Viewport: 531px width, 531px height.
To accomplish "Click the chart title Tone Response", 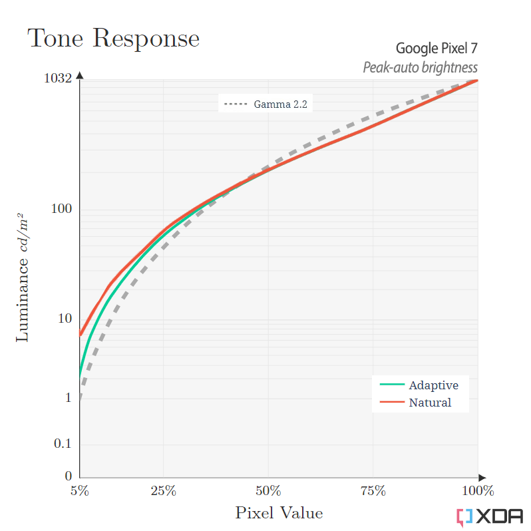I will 113,38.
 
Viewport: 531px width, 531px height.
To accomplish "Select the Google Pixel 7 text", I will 437,49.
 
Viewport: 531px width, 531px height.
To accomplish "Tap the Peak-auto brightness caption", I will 420,67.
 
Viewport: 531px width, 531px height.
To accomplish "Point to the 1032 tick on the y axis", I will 57,79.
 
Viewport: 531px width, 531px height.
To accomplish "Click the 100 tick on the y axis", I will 61,209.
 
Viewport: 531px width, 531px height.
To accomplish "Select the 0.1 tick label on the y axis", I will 63,444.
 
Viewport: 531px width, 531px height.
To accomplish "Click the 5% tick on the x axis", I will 79,492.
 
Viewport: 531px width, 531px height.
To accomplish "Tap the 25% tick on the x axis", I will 163,492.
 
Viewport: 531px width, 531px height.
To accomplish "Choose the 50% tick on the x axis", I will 267,492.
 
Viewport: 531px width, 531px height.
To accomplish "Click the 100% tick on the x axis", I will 476,492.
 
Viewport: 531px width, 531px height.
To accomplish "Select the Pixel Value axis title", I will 279,513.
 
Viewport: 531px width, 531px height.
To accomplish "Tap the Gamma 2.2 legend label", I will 280,104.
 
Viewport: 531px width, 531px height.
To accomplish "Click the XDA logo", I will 490,516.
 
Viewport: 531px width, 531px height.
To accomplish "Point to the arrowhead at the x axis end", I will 482,477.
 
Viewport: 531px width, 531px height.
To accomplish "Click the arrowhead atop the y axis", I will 80,75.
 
